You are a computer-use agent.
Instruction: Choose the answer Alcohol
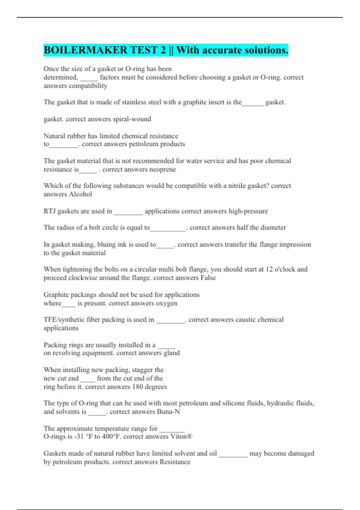coord(80,194)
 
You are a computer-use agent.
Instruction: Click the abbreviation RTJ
coord(49,211)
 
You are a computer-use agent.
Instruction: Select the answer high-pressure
coord(248,211)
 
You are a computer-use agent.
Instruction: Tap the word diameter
coord(273,227)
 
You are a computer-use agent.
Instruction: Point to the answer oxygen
coord(166,303)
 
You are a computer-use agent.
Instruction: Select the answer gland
coord(172,353)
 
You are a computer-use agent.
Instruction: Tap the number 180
coord(137,387)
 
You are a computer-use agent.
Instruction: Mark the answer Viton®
coord(181,436)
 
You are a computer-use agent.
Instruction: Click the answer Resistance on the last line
coord(175,462)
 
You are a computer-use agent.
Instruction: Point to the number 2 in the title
coord(163,50)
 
